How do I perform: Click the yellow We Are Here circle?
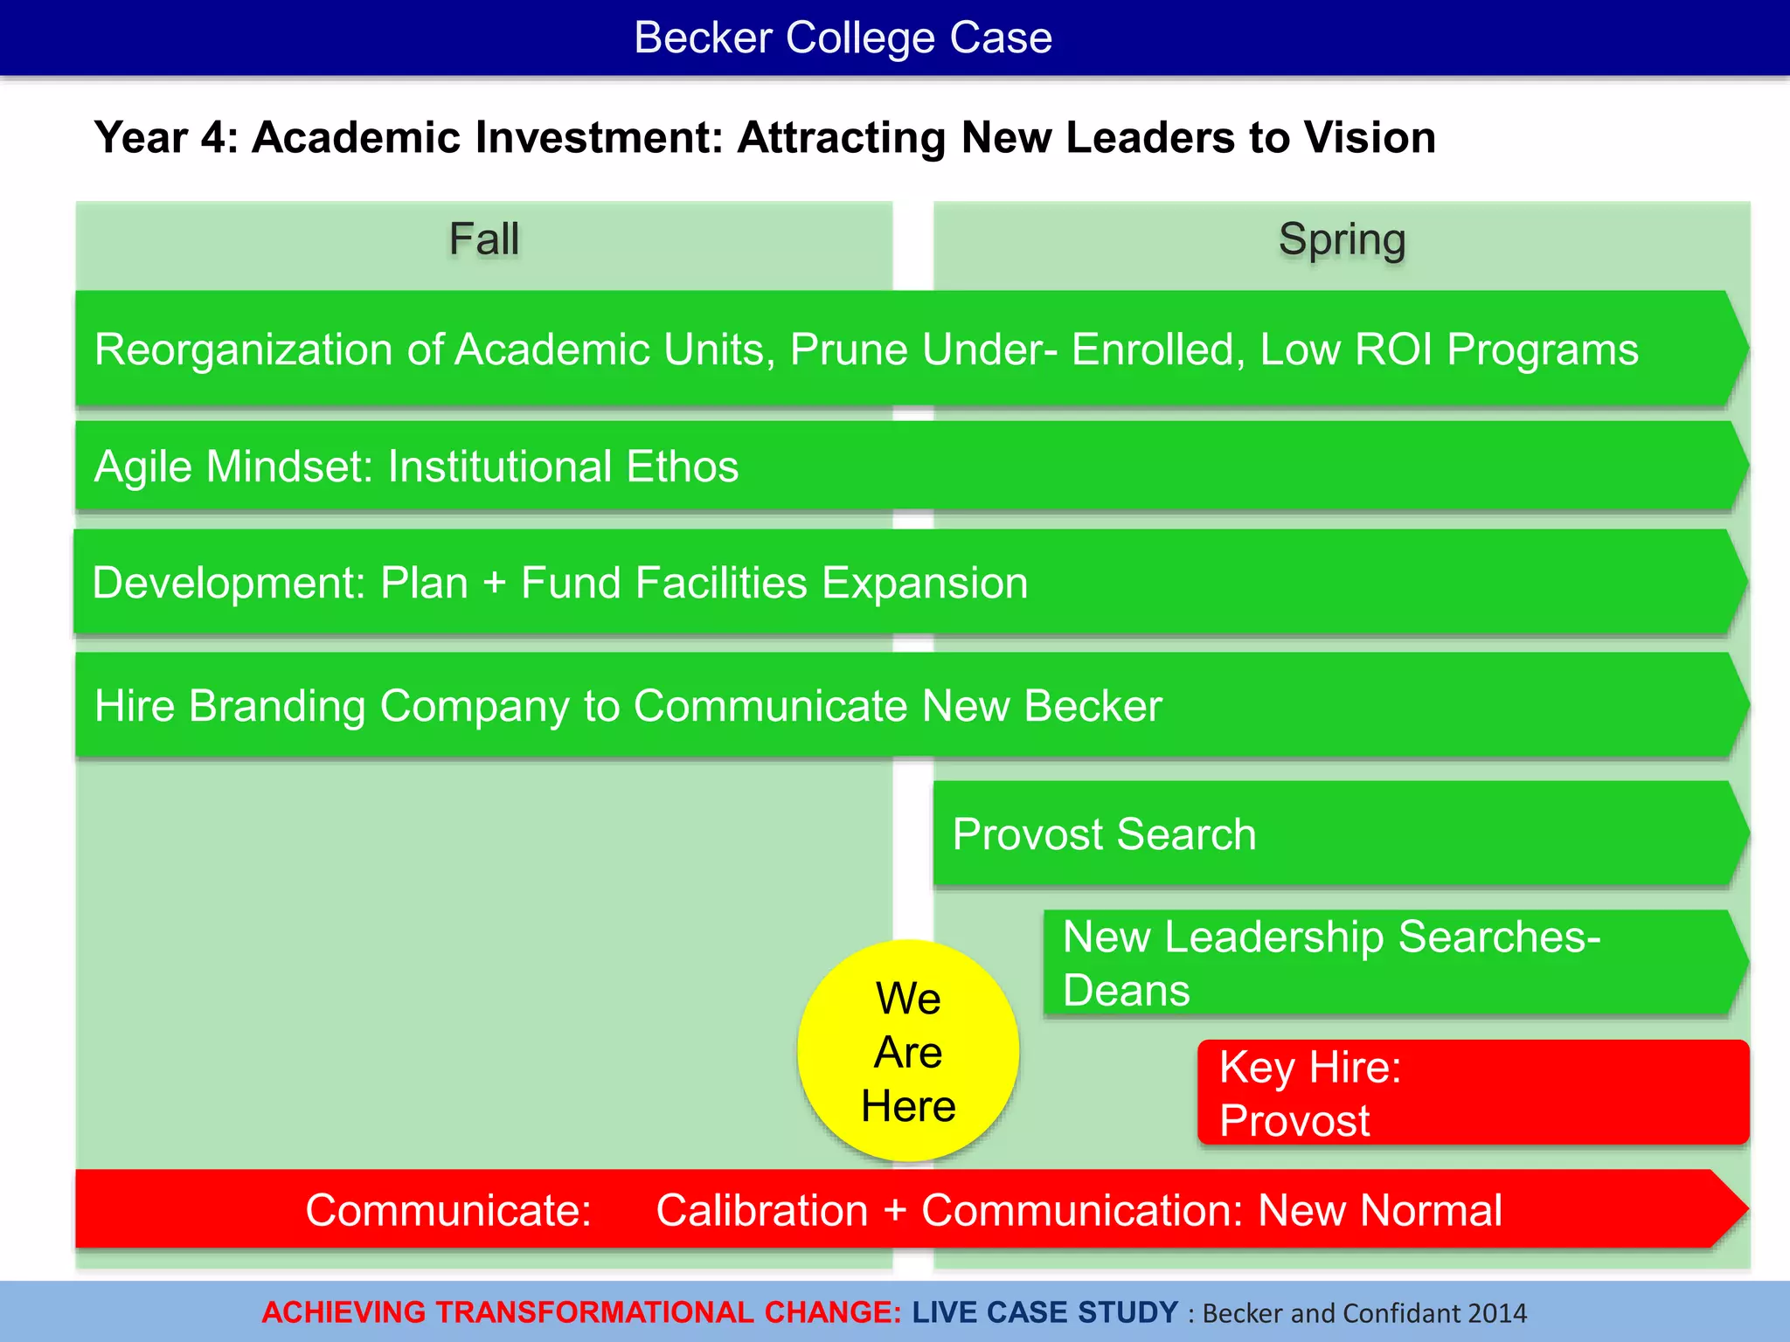908,1051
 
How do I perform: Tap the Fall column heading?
483,239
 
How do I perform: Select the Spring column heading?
1342,239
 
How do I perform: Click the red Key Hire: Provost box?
1473,1092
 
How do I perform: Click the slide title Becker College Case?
843,38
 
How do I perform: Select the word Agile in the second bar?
143,467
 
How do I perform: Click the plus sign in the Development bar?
495,583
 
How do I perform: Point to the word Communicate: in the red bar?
448,1210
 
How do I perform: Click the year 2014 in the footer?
1497,1313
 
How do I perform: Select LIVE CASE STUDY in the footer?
1045,1312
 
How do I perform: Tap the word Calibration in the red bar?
762,1210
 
